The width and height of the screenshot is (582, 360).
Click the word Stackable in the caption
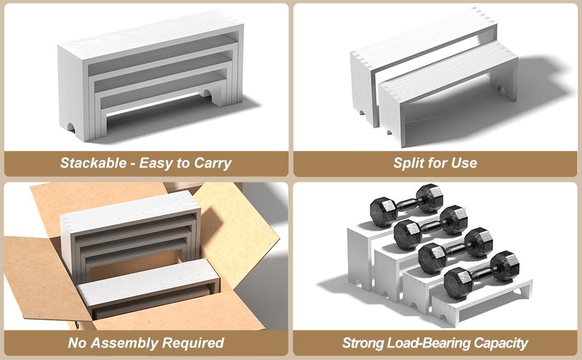pyautogui.click(x=94, y=163)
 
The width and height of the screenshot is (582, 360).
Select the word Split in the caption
pyautogui.click(x=408, y=163)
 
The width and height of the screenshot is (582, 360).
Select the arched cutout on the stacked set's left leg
pyautogui.click(x=70, y=127)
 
